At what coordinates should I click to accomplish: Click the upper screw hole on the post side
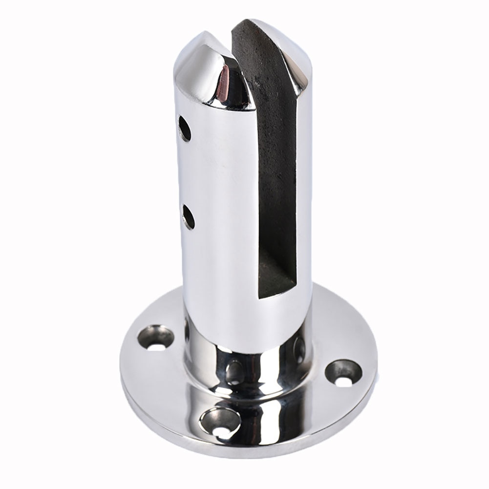[185, 128]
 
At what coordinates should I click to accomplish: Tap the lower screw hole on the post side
[189, 217]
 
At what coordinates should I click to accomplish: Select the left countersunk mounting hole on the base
[157, 338]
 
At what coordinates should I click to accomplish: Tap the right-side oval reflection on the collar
[299, 349]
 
